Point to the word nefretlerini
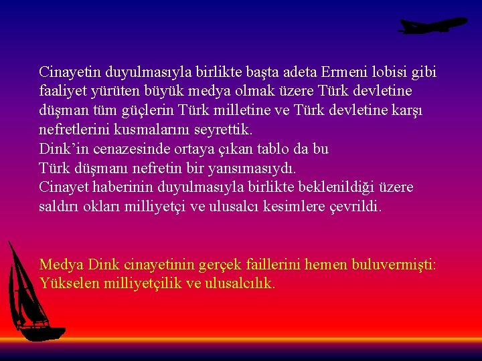(x=74, y=129)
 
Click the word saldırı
(x=60, y=207)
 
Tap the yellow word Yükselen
(x=67, y=283)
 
